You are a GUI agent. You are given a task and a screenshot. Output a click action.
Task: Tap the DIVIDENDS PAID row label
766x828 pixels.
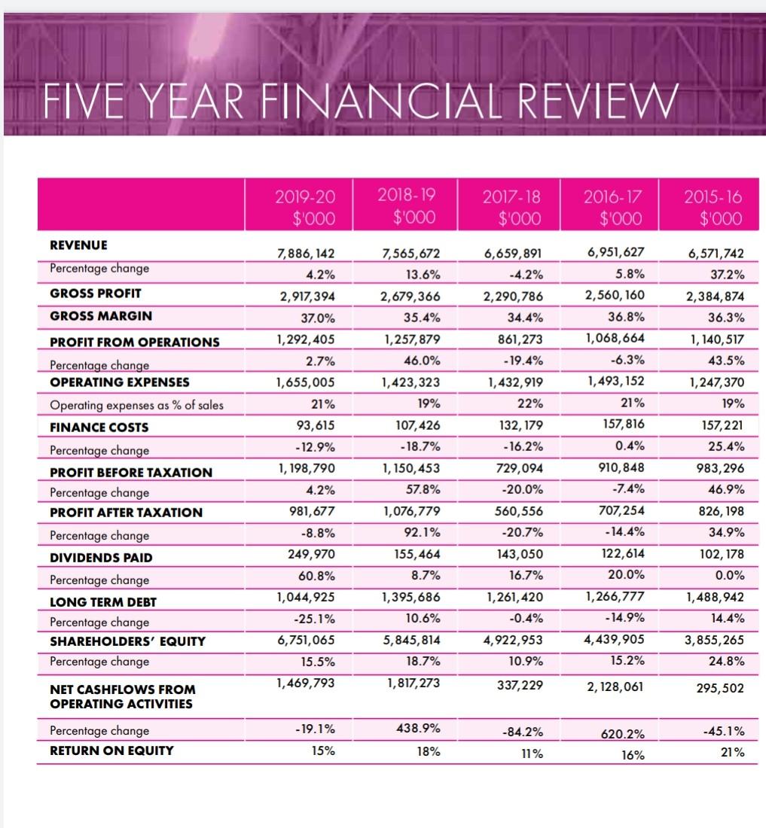point(101,558)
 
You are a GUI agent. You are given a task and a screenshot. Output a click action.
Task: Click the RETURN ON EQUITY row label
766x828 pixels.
point(111,750)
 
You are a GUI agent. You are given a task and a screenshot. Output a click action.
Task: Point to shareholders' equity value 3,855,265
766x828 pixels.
point(712,641)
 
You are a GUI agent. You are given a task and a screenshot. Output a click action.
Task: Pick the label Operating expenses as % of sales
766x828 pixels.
point(136,406)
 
